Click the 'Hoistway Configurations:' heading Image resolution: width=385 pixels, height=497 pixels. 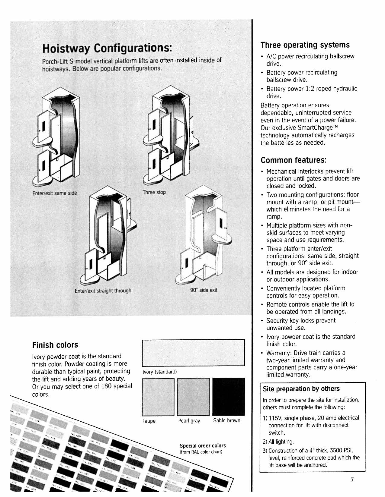(x=107, y=48)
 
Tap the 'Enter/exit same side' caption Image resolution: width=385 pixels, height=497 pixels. (x=55, y=193)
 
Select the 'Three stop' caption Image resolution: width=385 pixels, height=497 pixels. (x=154, y=192)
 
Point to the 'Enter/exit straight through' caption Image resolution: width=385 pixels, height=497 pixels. (x=103, y=291)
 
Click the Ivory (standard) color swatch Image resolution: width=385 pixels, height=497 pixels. (x=193, y=353)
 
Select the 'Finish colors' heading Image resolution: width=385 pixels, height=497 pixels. (x=55, y=345)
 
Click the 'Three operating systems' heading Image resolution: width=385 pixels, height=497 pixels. (x=305, y=45)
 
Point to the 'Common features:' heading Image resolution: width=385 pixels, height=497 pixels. (x=294, y=160)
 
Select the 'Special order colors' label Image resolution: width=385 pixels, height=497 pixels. (x=203, y=446)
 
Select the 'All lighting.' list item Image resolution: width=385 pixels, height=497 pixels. (x=278, y=442)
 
